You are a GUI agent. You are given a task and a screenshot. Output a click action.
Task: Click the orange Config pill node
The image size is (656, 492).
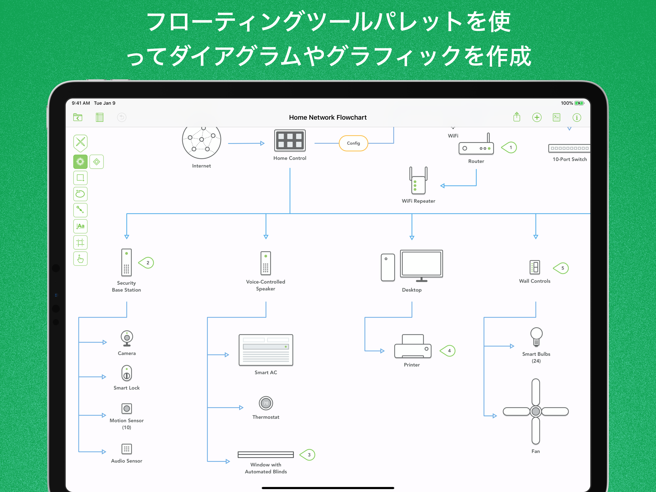click(x=353, y=143)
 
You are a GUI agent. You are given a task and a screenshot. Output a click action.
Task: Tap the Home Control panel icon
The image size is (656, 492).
click(x=290, y=140)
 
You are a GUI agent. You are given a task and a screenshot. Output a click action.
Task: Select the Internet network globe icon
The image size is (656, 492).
click(x=202, y=142)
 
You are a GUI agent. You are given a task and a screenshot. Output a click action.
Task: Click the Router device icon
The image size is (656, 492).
click(x=476, y=148)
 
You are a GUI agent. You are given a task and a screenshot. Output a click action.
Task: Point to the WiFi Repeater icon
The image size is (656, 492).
click(x=418, y=181)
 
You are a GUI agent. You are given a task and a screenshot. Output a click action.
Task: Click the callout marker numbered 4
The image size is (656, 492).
click(x=448, y=351)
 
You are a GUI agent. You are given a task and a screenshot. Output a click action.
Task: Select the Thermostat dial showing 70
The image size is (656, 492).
click(x=266, y=403)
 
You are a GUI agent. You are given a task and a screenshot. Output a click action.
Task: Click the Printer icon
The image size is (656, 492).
click(x=413, y=347)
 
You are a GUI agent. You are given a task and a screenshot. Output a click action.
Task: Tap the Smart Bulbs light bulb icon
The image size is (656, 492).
click(x=536, y=337)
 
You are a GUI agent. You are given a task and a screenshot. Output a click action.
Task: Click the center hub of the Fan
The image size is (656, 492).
click(x=536, y=411)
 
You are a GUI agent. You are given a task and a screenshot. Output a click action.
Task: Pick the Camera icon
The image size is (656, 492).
click(x=127, y=338)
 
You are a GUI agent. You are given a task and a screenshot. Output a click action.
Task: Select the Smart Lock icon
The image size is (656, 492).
click(x=127, y=373)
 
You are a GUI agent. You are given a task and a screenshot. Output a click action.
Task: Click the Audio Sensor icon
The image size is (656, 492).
click(x=127, y=449)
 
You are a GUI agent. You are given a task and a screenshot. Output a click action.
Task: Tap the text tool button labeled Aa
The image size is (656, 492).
click(x=80, y=226)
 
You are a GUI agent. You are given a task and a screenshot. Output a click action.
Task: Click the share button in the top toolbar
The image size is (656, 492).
click(x=517, y=117)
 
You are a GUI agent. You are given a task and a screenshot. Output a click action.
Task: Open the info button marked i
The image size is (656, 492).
click(x=577, y=117)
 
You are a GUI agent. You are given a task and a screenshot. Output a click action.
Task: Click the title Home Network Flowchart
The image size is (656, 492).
click(x=328, y=117)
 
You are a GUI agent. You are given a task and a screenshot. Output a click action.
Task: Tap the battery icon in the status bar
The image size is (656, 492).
click(x=579, y=103)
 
